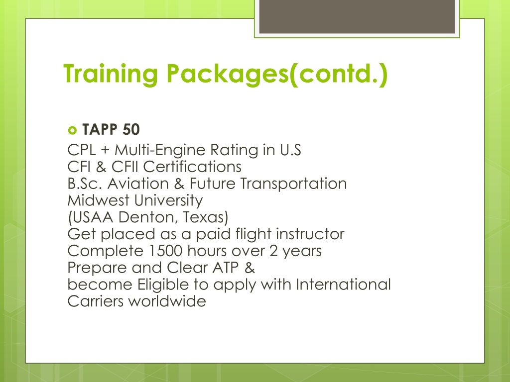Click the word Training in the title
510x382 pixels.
pos(111,75)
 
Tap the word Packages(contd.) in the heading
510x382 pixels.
pos(277,75)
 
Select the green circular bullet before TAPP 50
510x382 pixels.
pos(72,130)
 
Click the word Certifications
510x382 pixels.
pos(192,167)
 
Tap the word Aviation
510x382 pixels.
pos(138,184)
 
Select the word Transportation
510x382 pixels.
pos(293,184)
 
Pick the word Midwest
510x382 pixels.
pos(98,200)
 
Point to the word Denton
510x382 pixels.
pos(148,217)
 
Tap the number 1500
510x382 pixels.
pos(165,251)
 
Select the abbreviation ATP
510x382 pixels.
pos(226,268)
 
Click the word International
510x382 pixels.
pos(343,284)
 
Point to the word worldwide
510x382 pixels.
pos(167,301)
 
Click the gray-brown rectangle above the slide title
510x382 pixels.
pos(357,16)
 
